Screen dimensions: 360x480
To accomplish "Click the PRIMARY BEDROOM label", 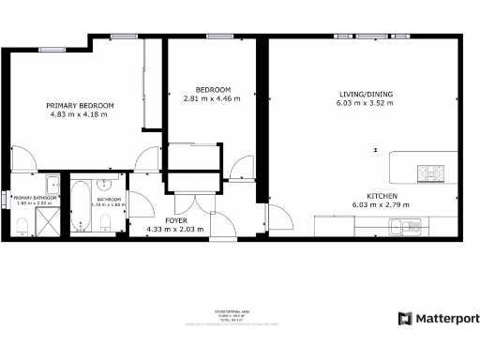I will pos(81,105).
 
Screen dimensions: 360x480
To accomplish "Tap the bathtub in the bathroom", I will pos(81,207).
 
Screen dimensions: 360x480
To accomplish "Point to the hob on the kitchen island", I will pos(433,172).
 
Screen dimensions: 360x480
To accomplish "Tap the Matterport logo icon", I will pos(404,319).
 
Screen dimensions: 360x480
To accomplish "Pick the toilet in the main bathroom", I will pos(106,222).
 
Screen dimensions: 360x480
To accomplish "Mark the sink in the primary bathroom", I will pos(52,184).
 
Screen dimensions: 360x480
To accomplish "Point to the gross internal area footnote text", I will pos(240,317).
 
